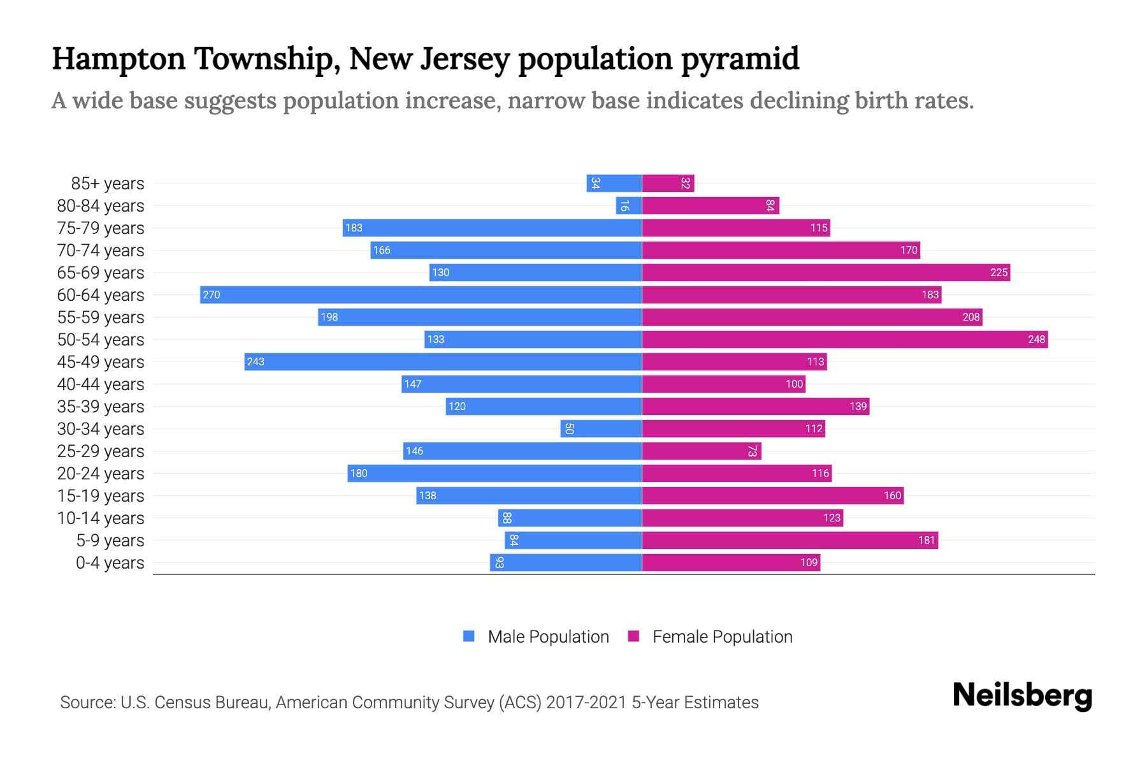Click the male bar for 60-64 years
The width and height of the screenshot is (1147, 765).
[x=421, y=295]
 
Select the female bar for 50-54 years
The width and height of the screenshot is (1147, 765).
[x=844, y=339]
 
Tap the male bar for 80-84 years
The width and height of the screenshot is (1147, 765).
[x=628, y=205]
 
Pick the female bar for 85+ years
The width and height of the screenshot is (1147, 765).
[x=668, y=183]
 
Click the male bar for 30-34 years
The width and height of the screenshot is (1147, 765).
[x=601, y=428]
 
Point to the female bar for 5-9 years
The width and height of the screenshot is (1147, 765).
[x=790, y=540]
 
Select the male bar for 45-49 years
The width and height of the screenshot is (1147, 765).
[x=443, y=361]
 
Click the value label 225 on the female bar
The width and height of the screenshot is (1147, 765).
[x=999, y=272]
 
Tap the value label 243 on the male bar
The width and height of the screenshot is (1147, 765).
[x=256, y=361]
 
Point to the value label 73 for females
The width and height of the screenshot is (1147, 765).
[x=752, y=451]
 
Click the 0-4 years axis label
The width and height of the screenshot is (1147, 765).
[x=110, y=563]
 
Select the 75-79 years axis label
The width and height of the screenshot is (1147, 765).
[x=101, y=228]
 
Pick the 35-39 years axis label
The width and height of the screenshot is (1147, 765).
[x=101, y=407]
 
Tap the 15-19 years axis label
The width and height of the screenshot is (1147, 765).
[x=101, y=496]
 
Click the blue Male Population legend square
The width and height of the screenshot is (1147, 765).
[x=469, y=636]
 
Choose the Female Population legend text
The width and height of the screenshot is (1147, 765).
[x=722, y=637]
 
